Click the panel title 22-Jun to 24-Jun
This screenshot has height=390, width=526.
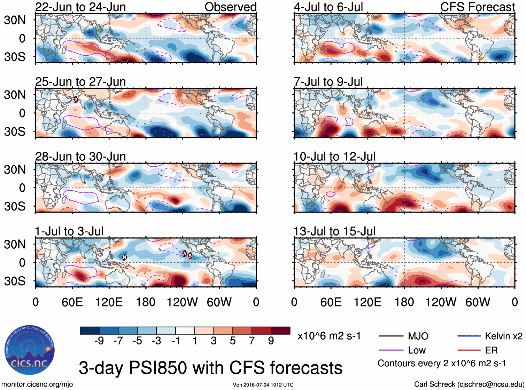pos(80,7)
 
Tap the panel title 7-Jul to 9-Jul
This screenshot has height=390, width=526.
pos(328,82)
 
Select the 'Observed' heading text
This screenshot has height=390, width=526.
pos(230,7)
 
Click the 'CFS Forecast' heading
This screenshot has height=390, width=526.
pos(477,7)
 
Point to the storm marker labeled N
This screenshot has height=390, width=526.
pos(124,257)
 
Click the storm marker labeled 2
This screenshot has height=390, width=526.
pos(76,100)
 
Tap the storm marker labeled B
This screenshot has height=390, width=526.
pos(190,256)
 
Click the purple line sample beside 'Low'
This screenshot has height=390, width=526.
pos(391,350)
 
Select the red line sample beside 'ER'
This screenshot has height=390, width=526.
pos(469,350)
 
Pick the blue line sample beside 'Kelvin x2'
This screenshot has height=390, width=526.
pos(469,336)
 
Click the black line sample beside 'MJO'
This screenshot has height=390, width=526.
pos(391,336)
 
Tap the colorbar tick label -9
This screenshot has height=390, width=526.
pos(99,341)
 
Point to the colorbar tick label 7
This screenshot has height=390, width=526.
pos(252,341)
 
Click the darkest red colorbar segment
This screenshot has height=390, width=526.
pos(280,331)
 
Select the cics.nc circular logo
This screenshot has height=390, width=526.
pos(29,351)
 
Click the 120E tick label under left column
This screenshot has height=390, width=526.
pos(109,302)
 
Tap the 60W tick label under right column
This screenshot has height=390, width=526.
pos(478,302)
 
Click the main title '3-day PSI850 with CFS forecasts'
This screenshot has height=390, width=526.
pos(210,368)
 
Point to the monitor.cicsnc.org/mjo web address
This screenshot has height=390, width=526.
pos(37,384)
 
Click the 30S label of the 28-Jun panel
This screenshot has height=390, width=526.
pos(15,206)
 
